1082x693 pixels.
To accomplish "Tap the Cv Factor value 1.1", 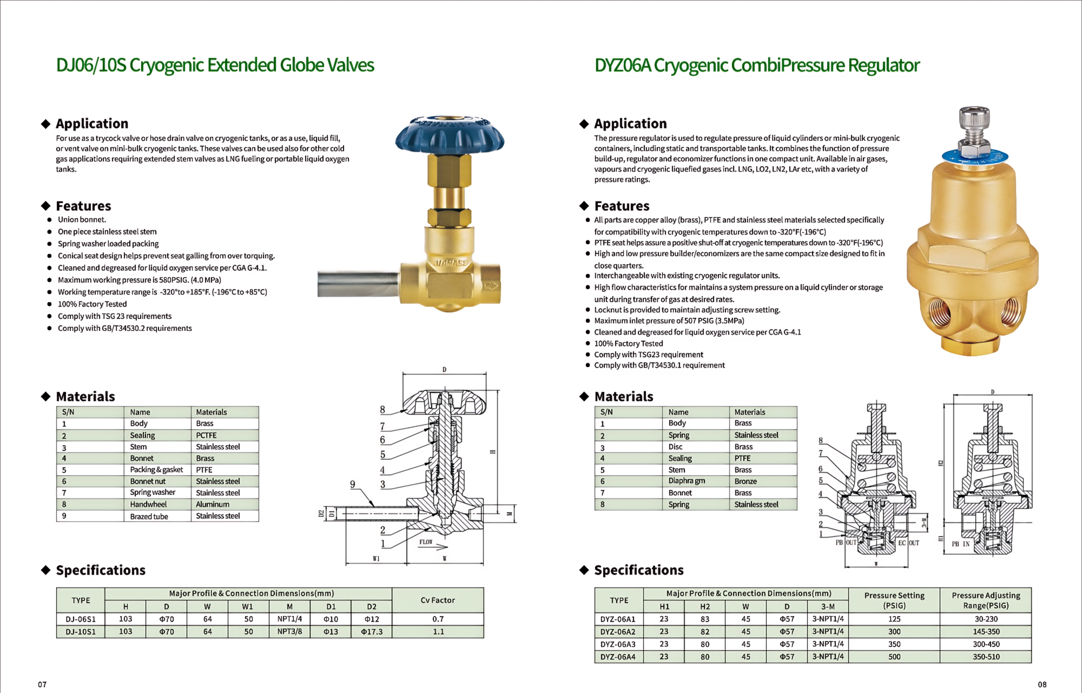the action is [438, 631].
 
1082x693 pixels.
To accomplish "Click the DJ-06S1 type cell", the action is [81, 619].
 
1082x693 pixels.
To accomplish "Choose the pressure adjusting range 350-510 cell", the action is [986, 657].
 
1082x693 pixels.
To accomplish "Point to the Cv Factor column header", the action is [438, 600].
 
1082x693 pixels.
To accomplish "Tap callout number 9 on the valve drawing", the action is [353, 484].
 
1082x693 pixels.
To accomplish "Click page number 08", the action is [1042, 685].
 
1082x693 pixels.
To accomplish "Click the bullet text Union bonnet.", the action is [82, 220].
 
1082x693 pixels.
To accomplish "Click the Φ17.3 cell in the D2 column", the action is [372, 631].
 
